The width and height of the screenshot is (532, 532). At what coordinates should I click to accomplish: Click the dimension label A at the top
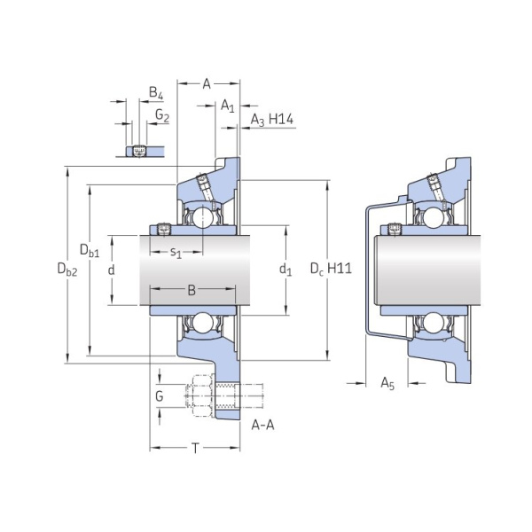[207, 83]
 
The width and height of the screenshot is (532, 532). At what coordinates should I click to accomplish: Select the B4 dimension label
[156, 93]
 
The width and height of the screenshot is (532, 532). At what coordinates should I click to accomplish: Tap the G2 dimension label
[162, 115]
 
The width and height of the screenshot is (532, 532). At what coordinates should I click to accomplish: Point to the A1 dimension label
[227, 106]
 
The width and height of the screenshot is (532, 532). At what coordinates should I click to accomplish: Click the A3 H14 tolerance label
[272, 120]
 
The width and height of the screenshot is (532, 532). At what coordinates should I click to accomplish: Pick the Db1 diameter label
[90, 250]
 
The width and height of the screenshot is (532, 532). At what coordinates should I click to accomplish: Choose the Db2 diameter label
[67, 269]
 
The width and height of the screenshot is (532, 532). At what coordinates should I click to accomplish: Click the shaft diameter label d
[112, 270]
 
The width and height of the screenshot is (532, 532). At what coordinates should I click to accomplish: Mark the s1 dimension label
[176, 253]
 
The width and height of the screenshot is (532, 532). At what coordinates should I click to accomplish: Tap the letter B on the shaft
[192, 291]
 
